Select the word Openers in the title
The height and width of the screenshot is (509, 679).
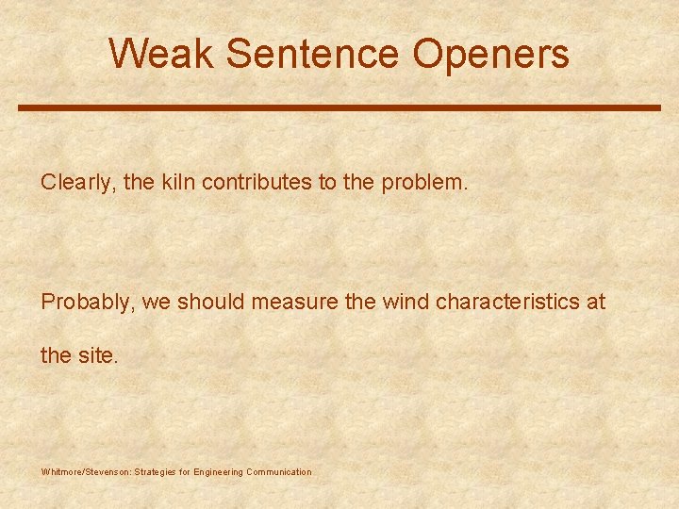coord(490,55)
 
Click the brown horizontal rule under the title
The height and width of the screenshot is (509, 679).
coord(339,107)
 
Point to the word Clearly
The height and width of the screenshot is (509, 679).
coord(76,183)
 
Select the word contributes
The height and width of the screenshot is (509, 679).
coord(257,182)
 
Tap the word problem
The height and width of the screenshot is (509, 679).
coord(423,183)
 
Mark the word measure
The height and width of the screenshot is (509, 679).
coord(288,303)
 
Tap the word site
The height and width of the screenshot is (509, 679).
coord(99,355)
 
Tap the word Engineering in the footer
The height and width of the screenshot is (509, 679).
coord(218,471)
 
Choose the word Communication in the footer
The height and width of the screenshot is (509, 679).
coord(278,471)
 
